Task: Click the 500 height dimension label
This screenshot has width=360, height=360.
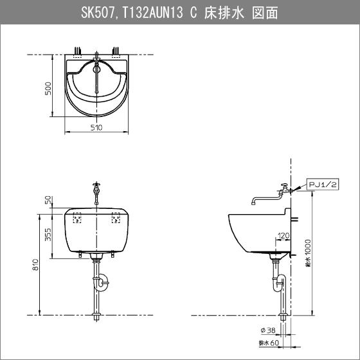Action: coord(48,87)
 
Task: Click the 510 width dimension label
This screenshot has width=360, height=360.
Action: coord(97,128)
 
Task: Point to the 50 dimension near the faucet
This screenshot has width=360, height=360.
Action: coord(48,201)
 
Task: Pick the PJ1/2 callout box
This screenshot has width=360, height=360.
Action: coord(325,184)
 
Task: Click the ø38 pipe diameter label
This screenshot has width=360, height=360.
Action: coord(268,330)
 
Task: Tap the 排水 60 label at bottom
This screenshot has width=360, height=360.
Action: coord(268,344)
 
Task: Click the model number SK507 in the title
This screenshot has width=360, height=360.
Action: coord(97,13)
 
